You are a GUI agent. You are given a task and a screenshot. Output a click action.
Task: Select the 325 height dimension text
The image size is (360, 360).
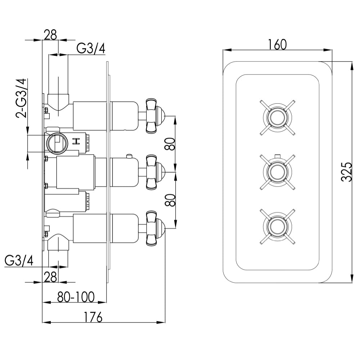(346, 172)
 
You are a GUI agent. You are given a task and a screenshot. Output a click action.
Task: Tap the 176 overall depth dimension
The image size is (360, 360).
(93, 317)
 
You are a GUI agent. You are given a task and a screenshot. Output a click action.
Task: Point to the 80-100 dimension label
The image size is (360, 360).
(76, 297)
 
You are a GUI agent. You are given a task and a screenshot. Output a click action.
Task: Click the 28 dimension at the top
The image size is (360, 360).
(50, 35)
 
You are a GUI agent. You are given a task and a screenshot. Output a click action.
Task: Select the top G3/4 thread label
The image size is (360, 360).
(91, 49)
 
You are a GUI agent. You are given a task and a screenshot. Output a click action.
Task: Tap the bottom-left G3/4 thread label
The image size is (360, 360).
(19, 261)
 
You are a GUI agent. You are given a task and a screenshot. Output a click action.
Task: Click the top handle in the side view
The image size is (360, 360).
(154, 116)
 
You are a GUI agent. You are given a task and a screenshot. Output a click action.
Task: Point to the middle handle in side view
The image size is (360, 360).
(154, 172)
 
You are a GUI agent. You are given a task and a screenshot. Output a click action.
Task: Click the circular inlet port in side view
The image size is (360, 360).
(57, 143)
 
